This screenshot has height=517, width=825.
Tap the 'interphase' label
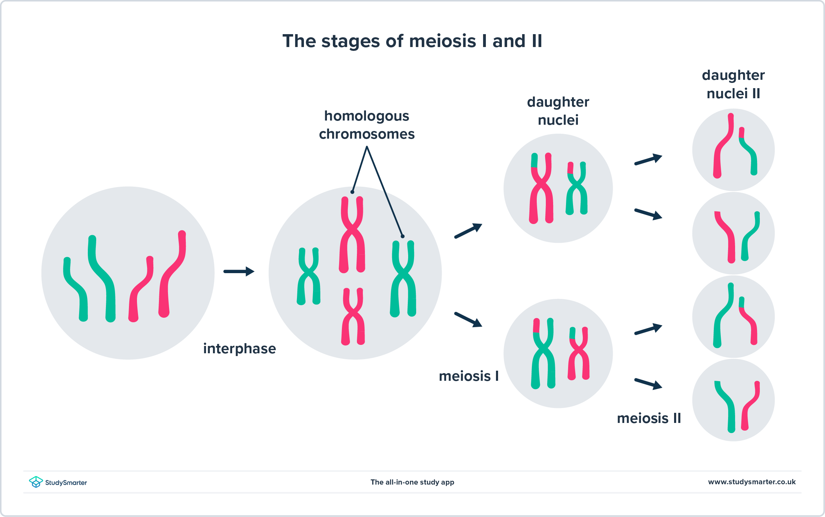pos(239,349)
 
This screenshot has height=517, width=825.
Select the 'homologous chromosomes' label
pos(367,125)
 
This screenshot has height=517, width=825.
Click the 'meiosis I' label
pos(468,376)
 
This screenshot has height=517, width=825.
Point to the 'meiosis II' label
pos(649,418)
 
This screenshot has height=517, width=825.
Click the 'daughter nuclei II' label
pos(733,84)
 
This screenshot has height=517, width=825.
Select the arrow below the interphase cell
pos(239,271)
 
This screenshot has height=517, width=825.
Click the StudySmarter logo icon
pos(36,482)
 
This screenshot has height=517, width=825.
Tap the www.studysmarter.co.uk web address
pos(751,482)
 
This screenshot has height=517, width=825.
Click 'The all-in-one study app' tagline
pos(412,482)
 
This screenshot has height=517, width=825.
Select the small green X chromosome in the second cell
pos(308,276)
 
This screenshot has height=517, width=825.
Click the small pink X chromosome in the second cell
pos(353,316)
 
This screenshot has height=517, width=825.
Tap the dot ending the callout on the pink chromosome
pos(352,192)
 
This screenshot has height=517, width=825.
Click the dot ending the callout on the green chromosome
pos(403,236)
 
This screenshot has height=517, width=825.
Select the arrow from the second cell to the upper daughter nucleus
pos(468,231)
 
